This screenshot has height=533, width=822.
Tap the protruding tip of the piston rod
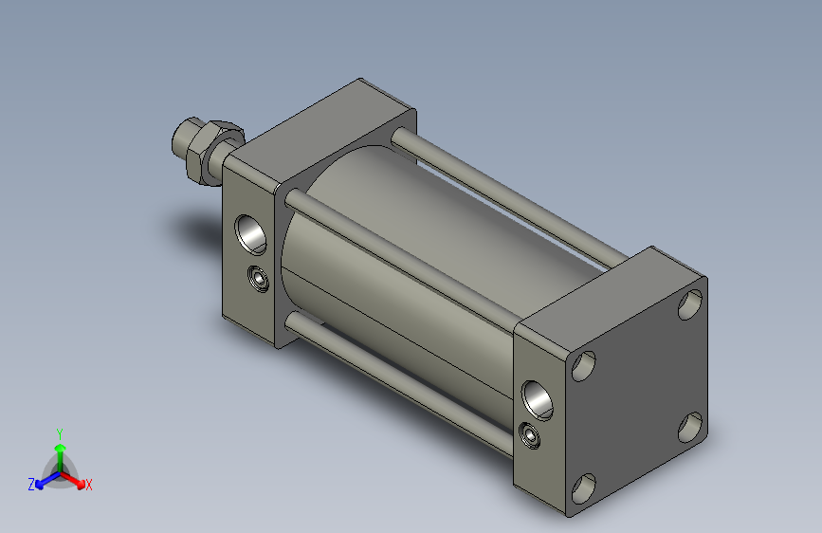click(x=183, y=138)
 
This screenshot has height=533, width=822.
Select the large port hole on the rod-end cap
click(x=250, y=234)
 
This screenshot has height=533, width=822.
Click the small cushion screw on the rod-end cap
click(x=259, y=279)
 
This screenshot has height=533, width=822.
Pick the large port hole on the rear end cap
click(x=538, y=400)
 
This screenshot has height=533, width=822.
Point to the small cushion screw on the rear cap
click(x=529, y=435)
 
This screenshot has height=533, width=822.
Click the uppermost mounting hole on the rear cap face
click(x=690, y=304)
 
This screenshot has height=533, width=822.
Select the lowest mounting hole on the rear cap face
click(x=583, y=488)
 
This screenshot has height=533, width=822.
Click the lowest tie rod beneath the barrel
click(x=398, y=383)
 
